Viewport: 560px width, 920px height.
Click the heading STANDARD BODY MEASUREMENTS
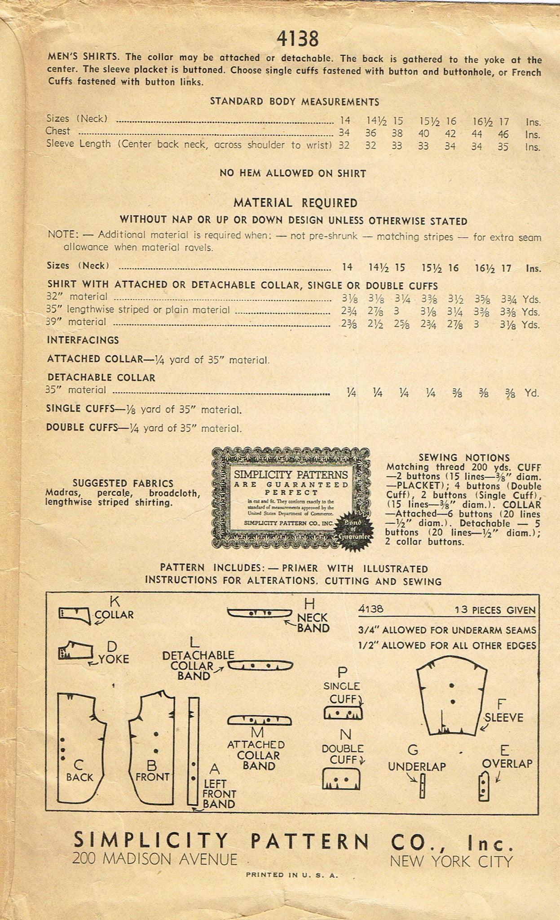(x=295, y=102)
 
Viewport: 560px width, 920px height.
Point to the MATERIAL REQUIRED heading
(x=295, y=203)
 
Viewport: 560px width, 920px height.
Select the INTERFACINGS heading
(x=83, y=340)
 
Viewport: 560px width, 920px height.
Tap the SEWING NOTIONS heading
(x=464, y=458)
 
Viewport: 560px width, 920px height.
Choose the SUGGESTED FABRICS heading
(x=123, y=483)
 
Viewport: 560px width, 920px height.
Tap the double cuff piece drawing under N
(x=342, y=779)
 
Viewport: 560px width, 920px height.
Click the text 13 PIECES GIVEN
(x=494, y=610)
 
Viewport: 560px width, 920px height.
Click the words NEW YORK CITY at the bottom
(x=451, y=861)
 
